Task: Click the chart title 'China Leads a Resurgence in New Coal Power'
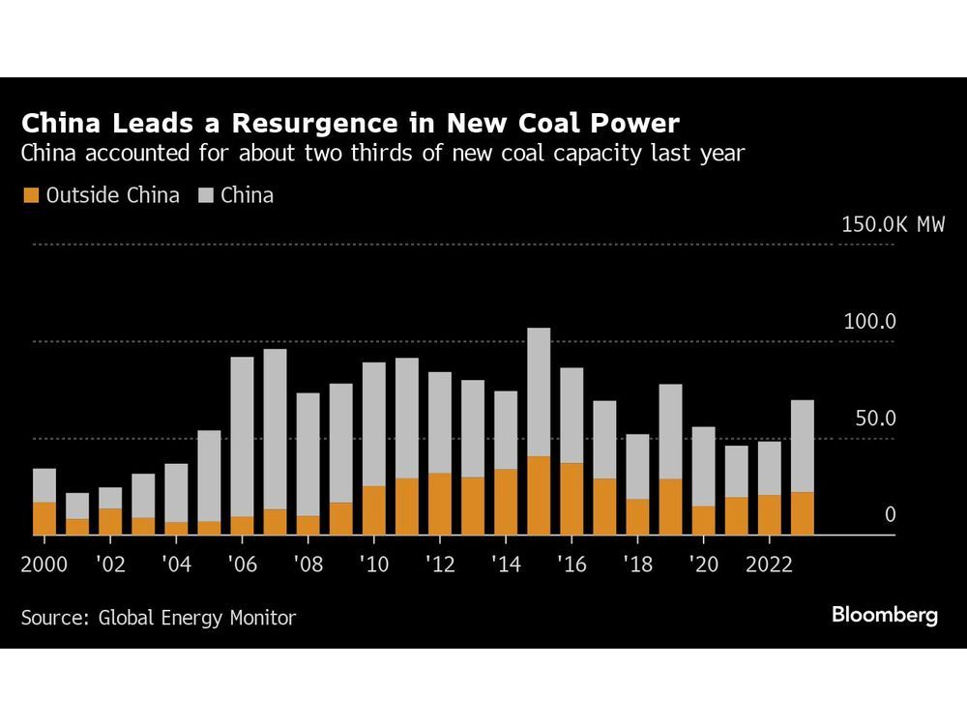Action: (x=351, y=124)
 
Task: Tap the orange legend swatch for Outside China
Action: (x=29, y=196)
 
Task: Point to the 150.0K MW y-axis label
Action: (x=893, y=225)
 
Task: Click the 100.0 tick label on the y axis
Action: (x=870, y=322)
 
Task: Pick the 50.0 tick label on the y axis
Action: (x=875, y=419)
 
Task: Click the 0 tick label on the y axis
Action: (x=891, y=515)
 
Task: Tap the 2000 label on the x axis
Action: (x=44, y=564)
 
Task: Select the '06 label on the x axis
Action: (x=242, y=564)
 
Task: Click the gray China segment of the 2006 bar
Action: (x=242, y=435)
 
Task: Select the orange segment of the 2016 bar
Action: (x=571, y=499)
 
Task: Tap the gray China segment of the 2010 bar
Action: (x=374, y=423)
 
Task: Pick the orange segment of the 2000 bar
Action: (x=44, y=518)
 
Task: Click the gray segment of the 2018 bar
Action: (x=637, y=466)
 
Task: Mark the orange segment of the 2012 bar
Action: (x=440, y=504)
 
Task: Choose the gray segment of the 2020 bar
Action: (x=703, y=466)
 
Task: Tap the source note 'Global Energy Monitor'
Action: (x=197, y=618)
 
